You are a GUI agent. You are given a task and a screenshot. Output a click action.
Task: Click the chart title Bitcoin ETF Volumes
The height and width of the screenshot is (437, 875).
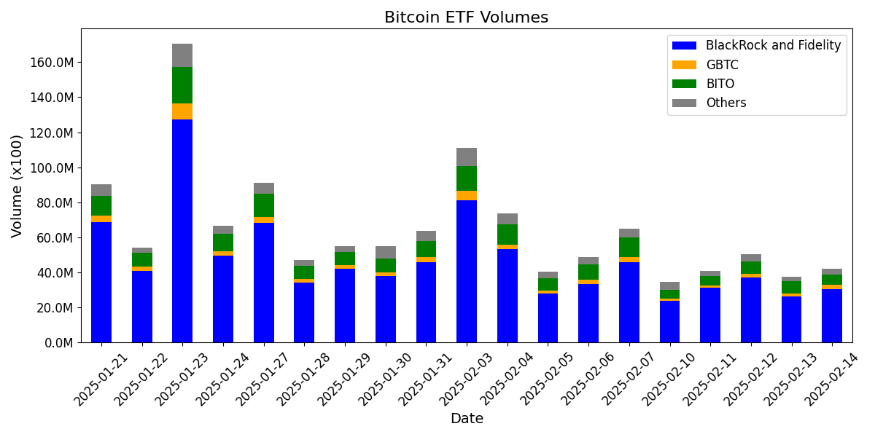pyautogui.click(x=466, y=17)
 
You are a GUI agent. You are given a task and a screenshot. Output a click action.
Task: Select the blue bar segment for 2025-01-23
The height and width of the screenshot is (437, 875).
pyautogui.click(x=182, y=230)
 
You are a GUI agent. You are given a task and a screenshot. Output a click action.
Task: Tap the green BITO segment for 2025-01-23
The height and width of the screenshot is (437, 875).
pyautogui.click(x=182, y=85)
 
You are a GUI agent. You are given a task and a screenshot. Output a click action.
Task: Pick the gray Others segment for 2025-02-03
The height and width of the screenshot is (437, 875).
pyautogui.click(x=467, y=157)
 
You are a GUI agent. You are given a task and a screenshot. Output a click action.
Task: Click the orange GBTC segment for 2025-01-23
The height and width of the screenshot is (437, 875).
pyautogui.click(x=182, y=111)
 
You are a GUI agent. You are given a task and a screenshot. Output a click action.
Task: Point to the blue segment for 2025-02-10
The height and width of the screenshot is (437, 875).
pyautogui.click(x=669, y=321)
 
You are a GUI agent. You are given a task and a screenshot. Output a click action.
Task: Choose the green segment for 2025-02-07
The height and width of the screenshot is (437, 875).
pyautogui.click(x=629, y=247)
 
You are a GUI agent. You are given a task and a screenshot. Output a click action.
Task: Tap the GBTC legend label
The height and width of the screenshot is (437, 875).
pyautogui.click(x=722, y=65)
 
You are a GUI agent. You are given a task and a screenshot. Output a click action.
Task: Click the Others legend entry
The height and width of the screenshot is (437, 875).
pyautogui.click(x=726, y=103)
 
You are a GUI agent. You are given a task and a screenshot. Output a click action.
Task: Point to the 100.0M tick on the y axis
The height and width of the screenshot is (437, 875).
pyautogui.click(x=52, y=168)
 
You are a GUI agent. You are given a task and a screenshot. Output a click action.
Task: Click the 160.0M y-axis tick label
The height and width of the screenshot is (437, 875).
pyautogui.click(x=52, y=63)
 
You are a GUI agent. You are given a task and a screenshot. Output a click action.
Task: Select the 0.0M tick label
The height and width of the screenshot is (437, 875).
pyautogui.click(x=58, y=342)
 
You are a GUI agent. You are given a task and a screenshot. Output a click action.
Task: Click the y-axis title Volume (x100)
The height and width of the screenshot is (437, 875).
pyautogui.click(x=17, y=186)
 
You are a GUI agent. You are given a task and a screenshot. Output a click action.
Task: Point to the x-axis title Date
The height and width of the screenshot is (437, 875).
pyautogui.click(x=466, y=419)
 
